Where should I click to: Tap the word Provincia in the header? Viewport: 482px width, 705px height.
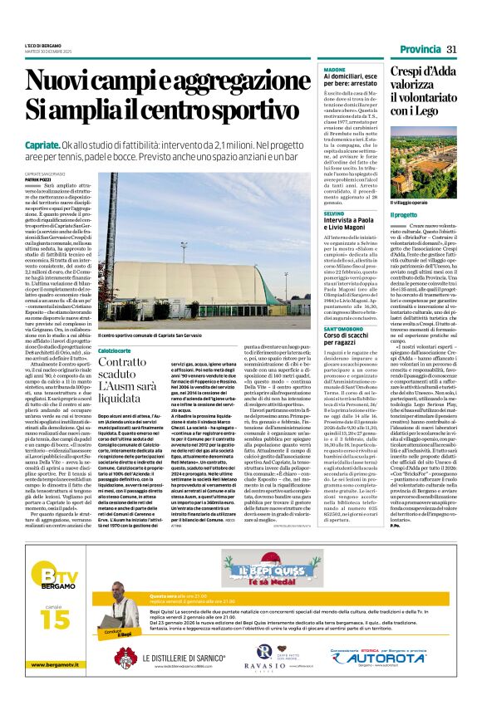click(419, 50)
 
